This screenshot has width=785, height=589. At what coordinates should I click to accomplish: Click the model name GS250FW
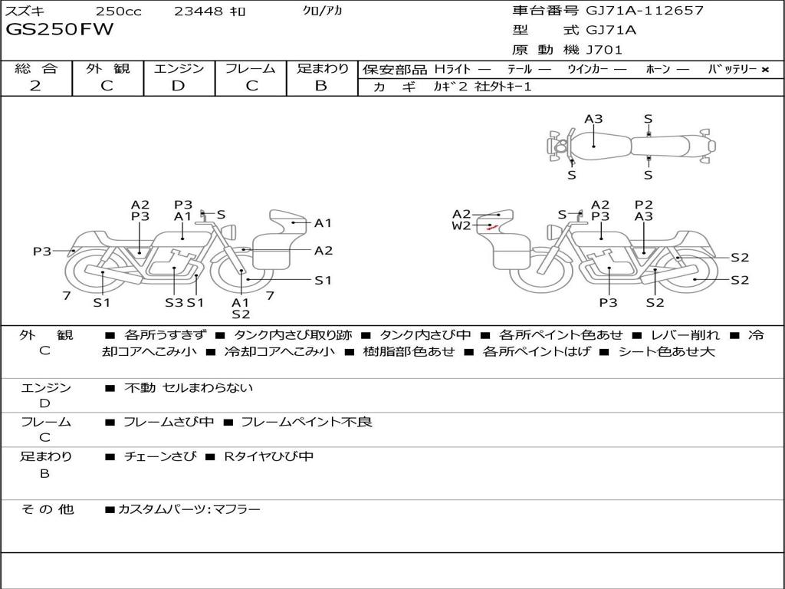click(60, 30)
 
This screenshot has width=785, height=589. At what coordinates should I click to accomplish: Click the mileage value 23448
click(199, 12)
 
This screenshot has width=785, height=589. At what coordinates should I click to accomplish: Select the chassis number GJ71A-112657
click(645, 11)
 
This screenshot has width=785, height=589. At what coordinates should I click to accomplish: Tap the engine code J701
click(604, 50)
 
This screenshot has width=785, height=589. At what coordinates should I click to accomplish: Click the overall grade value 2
click(35, 86)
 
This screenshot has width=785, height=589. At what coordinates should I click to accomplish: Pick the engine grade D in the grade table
click(178, 86)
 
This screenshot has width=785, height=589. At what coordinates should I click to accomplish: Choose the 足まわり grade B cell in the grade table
click(321, 86)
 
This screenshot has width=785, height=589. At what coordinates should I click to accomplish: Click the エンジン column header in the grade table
click(179, 68)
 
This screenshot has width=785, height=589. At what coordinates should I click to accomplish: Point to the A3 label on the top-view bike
click(593, 119)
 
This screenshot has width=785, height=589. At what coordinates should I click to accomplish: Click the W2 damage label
click(461, 225)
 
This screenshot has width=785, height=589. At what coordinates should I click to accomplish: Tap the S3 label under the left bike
click(174, 302)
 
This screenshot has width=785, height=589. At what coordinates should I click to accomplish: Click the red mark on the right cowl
click(491, 227)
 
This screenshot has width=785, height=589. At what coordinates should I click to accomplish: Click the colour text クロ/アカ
click(323, 12)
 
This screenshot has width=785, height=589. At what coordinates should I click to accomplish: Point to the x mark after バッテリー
click(764, 69)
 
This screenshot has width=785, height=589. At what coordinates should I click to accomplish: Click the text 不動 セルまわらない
click(189, 388)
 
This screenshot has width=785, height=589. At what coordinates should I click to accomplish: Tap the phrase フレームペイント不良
click(307, 422)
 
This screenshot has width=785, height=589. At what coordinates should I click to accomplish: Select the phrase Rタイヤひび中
click(268, 456)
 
